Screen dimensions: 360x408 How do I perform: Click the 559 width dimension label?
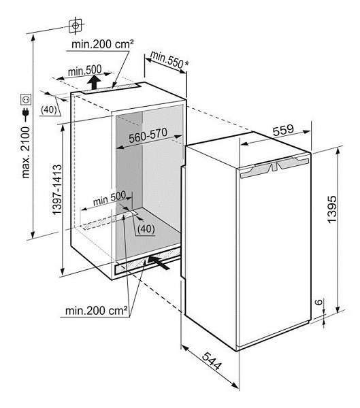click(x=283, y=130)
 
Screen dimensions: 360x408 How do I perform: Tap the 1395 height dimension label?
click(x=332, y=209)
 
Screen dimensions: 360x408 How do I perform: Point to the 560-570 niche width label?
click(x=148, y=135)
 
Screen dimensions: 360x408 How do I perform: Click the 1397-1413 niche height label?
click(x=57, y=190)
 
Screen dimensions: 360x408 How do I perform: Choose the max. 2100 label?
click(x=26, y=153)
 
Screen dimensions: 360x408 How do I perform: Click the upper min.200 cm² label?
click(x=103, y=44)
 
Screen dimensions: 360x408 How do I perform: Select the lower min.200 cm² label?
click(x=97, y=311)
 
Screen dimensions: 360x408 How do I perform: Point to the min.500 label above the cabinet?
click(x=84, y=70)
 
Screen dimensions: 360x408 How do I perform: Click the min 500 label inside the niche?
click(x=110, y=199)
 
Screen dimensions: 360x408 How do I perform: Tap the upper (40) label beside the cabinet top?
click(x=49, y=109)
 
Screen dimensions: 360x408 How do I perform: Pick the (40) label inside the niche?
click(x=146, y=229)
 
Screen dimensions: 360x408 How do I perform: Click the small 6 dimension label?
click(x=319, y=302)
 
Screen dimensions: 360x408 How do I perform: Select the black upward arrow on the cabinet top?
click(x=94, y=82)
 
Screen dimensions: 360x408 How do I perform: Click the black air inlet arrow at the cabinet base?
click(x=159, y=262)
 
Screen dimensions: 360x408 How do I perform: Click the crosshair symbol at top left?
click(x=76, y=26)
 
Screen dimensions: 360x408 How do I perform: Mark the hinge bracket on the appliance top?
click(x=274, y=167)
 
